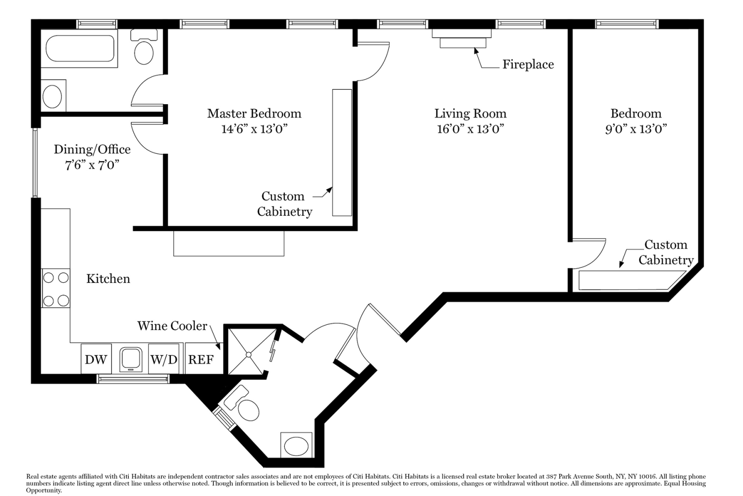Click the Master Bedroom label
point(254,114)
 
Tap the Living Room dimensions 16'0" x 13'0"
point(471,129)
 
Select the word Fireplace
point(528,64)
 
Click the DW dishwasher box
point(96,359)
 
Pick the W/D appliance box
point(164,359)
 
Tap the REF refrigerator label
point(201,360)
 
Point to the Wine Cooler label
point(172,326)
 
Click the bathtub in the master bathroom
point(79,49)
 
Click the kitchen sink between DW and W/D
point(131,360)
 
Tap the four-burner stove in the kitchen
point(55,288)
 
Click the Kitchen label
point(108,279)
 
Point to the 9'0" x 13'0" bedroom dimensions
point(636,129)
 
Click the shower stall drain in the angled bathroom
point(249,355)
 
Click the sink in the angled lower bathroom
point(296,445)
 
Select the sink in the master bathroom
point(53,96)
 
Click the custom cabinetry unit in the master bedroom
point(342,152)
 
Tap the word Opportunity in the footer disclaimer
point(44,491)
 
